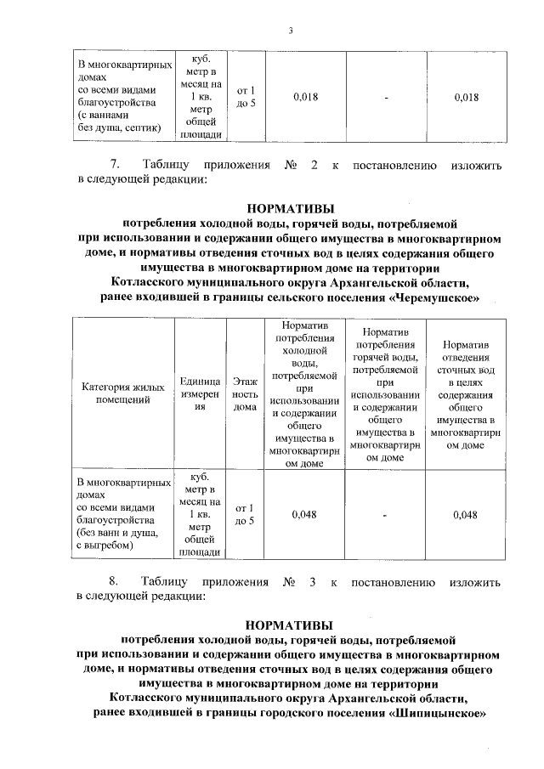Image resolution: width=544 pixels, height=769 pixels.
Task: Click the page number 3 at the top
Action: click(x=290, y=32)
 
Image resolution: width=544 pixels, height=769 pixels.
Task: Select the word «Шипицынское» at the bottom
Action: click(x=437, y=714)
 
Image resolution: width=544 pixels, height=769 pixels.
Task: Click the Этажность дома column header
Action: click(x=245, y=395)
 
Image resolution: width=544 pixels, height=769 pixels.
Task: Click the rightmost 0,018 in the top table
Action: click(x=465, y=98)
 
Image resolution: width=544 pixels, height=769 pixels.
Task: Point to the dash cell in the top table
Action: click(x=384, y=98)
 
